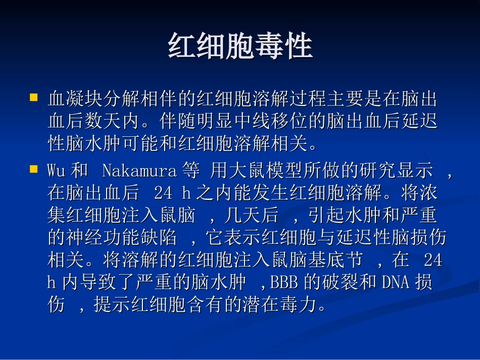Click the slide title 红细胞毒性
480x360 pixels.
[x=240, y=47]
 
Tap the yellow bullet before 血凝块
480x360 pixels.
[x=34, y=96]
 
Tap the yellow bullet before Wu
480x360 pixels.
[x=34, y=168]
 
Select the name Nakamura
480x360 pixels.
[x=139, y=171]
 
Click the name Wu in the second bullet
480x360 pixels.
[x=56, y=171]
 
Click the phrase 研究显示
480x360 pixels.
[x=396, y=171]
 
